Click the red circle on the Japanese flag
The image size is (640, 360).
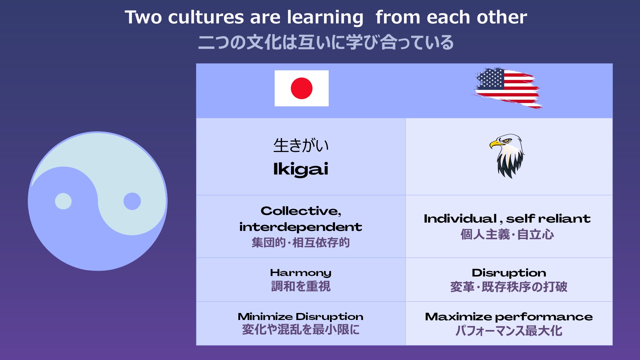pyautogui.click(x=301, y=88)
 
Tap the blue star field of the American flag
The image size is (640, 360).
pyautogui.click(x=490, y=79)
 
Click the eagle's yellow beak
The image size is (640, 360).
pyautogui.click(x=495, y=144)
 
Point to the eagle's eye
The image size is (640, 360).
pyautogui.click(x=507, y=140)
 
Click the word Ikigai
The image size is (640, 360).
pyautogui.click(x=301, y=169)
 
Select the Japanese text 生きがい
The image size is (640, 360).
pyautogui.click(x=301, y=146)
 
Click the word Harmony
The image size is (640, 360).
pyautogui.click(x=301, y=273)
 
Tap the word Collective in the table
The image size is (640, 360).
pyautogui.click(x=300, y=211)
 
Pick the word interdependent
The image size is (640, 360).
pyautogui.click(x=301, y=227)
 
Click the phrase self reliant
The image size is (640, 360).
pyautogui.click(x=548, y=219)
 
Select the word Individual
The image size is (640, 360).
pyautogui.click(x=460, y=219)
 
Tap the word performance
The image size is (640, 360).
pyautogui.click(x=544, y=317)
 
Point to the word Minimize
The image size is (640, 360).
pyautogui.click(x=265, y=316)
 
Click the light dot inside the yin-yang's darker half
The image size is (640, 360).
pyautogui.click(x=63, y=201)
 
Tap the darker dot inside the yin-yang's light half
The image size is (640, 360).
pyautogui.click(x=132, y=201)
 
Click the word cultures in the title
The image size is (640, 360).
pyautogui.click(x=206, y=17)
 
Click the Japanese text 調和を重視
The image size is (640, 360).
pyautogui.click(x=301, y=286)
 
